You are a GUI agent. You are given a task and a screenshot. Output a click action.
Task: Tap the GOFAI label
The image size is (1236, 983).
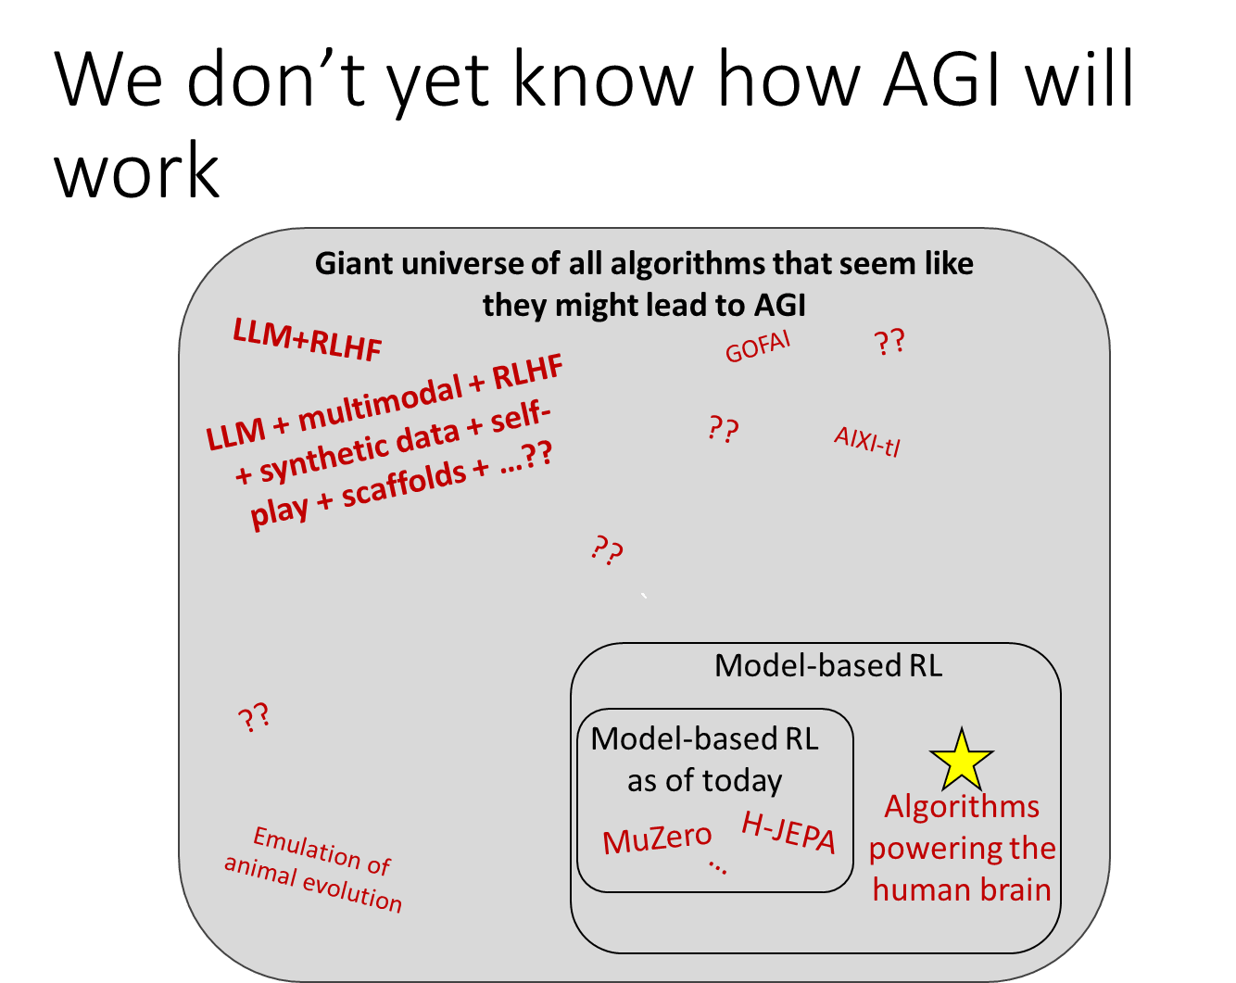[x=758, y=348]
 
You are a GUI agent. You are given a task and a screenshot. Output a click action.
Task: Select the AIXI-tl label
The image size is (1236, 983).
[x=866, y=441]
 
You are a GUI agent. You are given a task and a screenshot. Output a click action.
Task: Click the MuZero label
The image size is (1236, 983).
[x=657, y=839]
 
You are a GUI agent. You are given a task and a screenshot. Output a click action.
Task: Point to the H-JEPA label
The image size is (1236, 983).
[x=788, y=833]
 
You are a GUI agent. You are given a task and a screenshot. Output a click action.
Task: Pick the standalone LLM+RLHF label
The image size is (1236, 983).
[x=307, y=340]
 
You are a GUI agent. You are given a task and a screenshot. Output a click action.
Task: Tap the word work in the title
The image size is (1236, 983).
[x=137, y=172]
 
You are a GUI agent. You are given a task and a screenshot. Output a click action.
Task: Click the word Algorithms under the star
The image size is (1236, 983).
[x=962, y=806]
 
